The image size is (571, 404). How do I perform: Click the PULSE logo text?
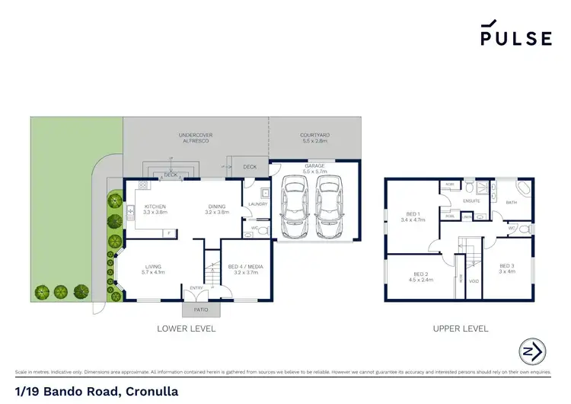(x=516, y=37)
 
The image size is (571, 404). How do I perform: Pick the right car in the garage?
(x=327, y=207)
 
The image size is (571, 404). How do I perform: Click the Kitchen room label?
(x=155, y=209)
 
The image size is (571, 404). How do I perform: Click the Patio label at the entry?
(x=200, y=310)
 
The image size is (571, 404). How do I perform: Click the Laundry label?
(x=256, y=204)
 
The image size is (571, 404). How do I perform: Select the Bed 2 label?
(x=423, y=276)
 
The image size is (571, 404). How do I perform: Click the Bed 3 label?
(x=506, y=268)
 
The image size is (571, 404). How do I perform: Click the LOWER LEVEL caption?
(x=186, y=329)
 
